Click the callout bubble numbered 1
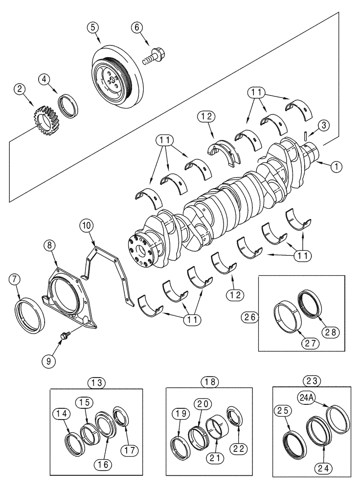point(336,167)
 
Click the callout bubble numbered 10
point(86,226)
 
